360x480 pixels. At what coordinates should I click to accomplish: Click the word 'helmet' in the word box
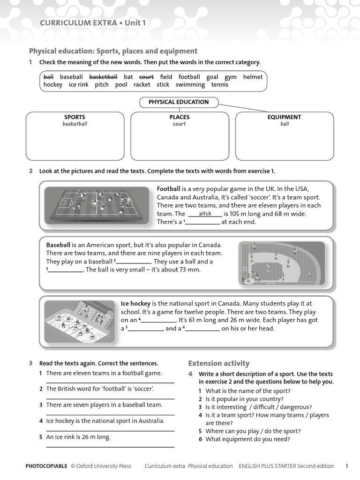click(253, 77)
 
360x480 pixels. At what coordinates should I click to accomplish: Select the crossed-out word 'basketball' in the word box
click(103, 77)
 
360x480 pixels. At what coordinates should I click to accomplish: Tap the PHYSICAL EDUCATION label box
click(179, 102)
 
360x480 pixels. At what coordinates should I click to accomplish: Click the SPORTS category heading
click(75, 117)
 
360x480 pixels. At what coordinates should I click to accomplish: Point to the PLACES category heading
click(180, 117)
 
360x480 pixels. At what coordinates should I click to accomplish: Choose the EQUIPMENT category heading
click(284, 117)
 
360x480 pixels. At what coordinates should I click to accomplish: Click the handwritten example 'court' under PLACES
click(179, 124)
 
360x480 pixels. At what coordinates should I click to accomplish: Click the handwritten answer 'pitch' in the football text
click(205, 214)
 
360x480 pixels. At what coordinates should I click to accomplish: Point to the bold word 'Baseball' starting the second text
click(58, 245)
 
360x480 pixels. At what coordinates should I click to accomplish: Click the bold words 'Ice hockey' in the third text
click(135, 304)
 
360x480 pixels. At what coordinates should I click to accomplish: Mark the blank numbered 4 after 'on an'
click(159, 321)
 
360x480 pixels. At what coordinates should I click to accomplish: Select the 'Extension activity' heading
click(219, 363)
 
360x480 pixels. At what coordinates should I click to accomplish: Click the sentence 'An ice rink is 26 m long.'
click(78, 437)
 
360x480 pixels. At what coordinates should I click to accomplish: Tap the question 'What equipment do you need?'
click(247, 439)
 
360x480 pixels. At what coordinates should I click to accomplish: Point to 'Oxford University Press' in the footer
click(104, 466)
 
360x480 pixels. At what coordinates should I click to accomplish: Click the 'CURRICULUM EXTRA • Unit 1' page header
click(93, 22)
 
